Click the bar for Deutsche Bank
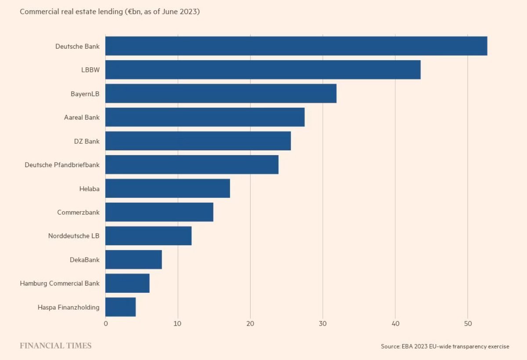click(296, 46)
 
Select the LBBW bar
click(263, 70)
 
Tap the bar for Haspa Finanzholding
click(121, 307)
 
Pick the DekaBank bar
click(134, 259)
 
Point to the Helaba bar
click(168, 188)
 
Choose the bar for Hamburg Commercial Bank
click(127, 283)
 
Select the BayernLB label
click(85, 94)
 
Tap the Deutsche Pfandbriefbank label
click(62, 165)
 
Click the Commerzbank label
click(78, 212)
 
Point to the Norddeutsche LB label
click(74, 236)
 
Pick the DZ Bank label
click(87, 141)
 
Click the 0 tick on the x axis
click(105, 324)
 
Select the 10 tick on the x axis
click(178, 324)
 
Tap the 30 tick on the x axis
click(323, 324)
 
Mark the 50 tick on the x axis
click(468, 324)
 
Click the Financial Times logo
click(56, 346)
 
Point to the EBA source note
click(445, 347)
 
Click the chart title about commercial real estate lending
click(110, 12)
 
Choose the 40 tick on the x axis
click(395, 324)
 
